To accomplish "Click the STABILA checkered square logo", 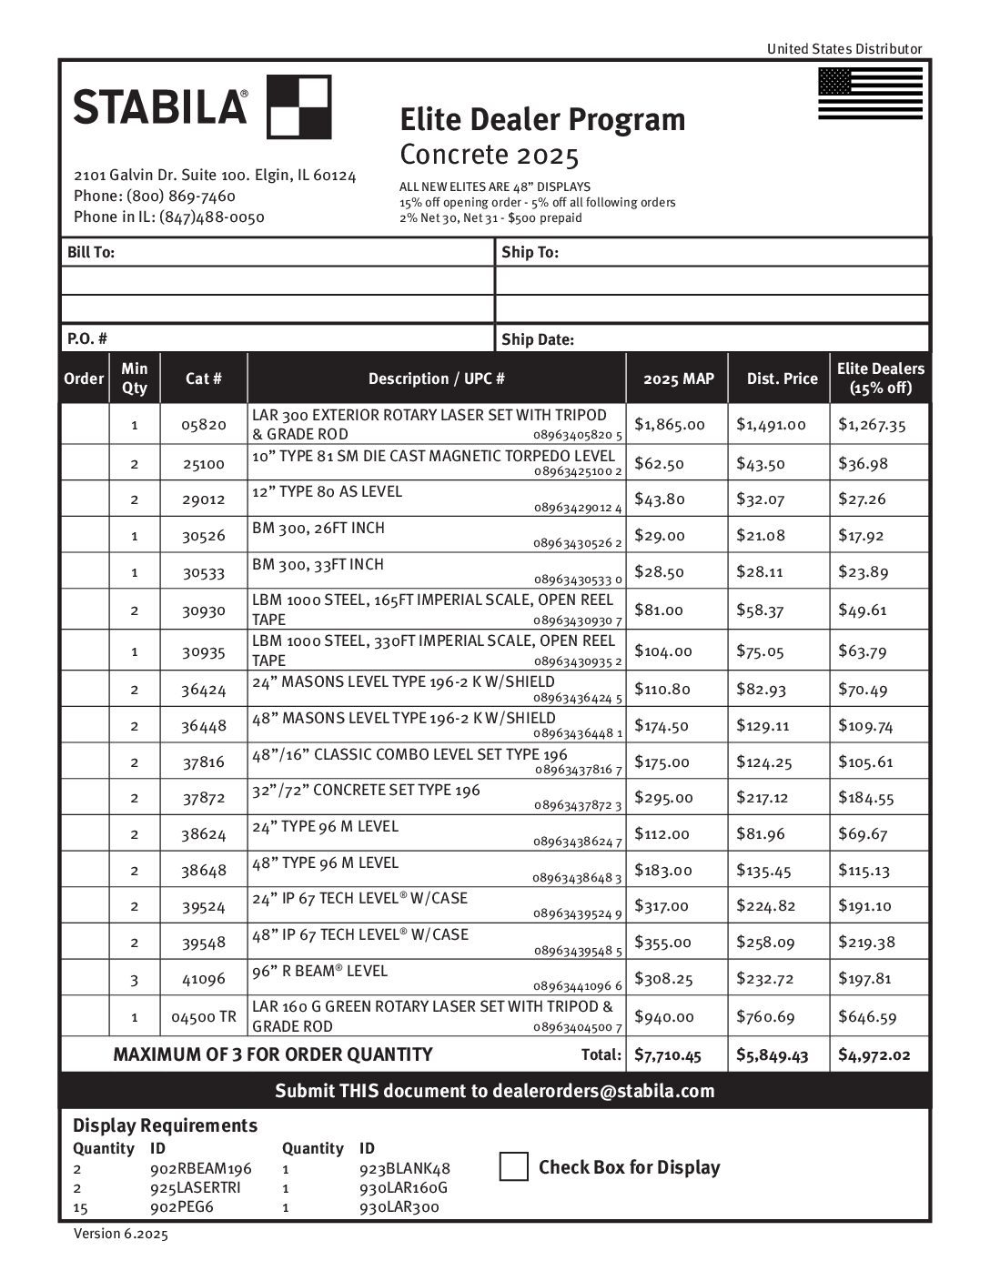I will [x=298, y=106].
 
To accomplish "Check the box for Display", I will [x=513, y=1166].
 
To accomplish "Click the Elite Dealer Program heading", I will [x=542, y=119].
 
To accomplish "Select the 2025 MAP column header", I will [x=678, y=378].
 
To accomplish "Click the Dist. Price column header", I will [x=782, y=378].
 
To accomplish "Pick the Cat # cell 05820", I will [x=203, y=424].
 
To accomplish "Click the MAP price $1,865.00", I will [x=670, y=424].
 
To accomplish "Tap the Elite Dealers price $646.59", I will [x=866, y=1016].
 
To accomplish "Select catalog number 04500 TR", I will [x=203, y=1016].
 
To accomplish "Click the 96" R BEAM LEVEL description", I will [x=320, y=971].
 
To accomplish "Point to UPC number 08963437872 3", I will [x=577, y=805].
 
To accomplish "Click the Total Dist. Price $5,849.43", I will [x=772, y=1055].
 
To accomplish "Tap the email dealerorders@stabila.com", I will [x=602, y=1091].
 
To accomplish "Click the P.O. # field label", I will [x=87, y=338].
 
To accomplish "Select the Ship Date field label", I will [x=538, y=339].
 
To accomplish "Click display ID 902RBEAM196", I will [x=200, y=1168].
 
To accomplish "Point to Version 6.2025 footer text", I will [x=120, y=1234].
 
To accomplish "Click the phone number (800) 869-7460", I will [x=180, y=196].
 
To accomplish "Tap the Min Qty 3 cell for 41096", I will [x=134, y=980].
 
